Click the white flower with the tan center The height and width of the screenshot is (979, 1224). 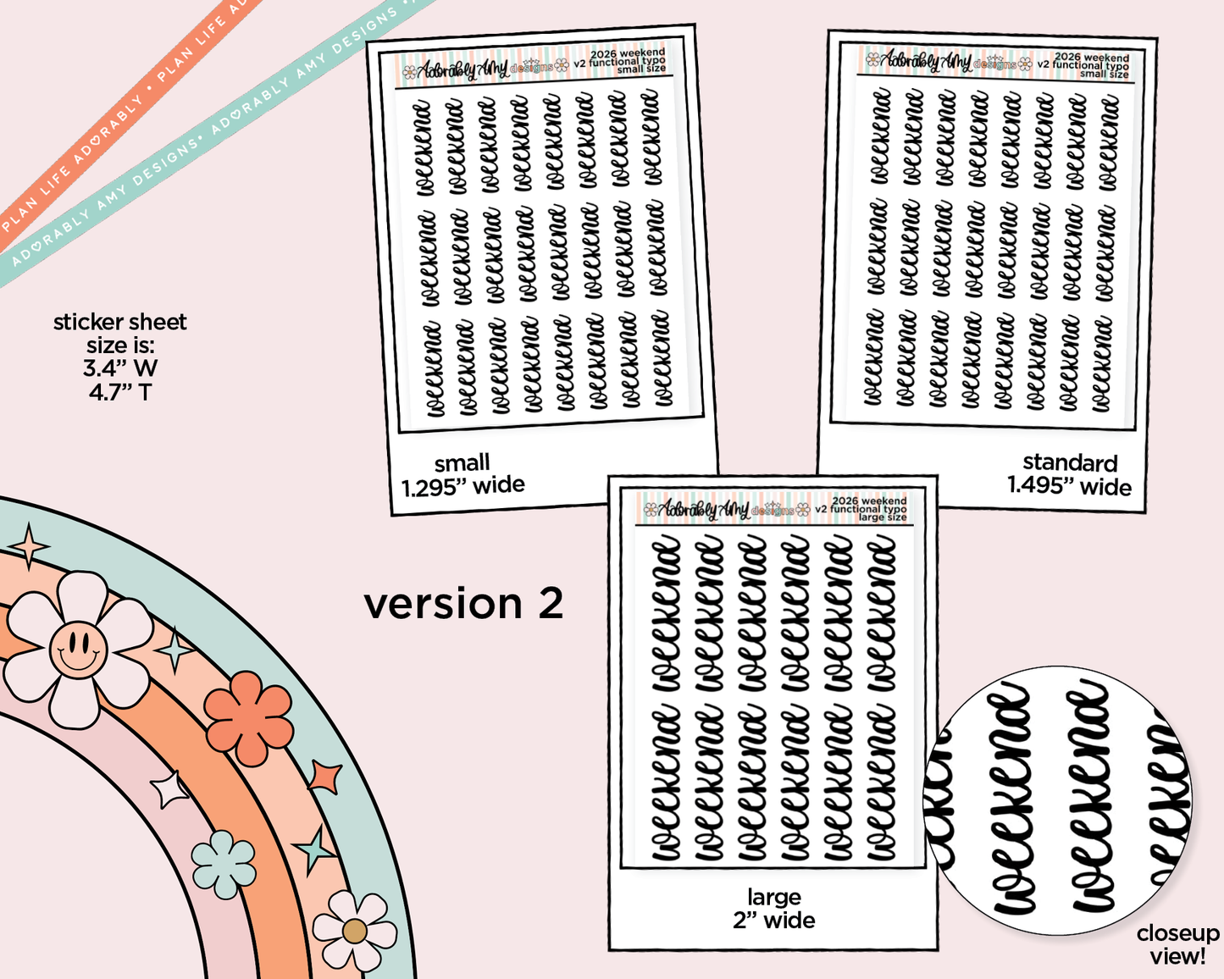[354, 931]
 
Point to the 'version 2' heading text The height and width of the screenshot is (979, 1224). [463, 604]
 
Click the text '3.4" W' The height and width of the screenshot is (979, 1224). [120, 368]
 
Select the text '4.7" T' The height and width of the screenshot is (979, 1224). [120, 392]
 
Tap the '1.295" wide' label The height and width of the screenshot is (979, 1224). [462, 485]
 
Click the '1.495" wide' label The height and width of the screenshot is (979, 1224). [1069, 487]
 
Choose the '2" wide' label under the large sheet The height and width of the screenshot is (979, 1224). [773, 921]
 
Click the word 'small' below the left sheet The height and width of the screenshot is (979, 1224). [462, 462]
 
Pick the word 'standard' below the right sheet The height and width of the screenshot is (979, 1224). [1070, 462]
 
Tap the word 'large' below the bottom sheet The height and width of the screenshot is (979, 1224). [773, 897]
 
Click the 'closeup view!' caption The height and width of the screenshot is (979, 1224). [1177, 944]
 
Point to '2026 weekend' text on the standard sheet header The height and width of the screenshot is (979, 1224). [1091, 57]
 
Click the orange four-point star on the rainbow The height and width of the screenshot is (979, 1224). [324, 776]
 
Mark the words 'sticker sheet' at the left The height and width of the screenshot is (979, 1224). [120, 322]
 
